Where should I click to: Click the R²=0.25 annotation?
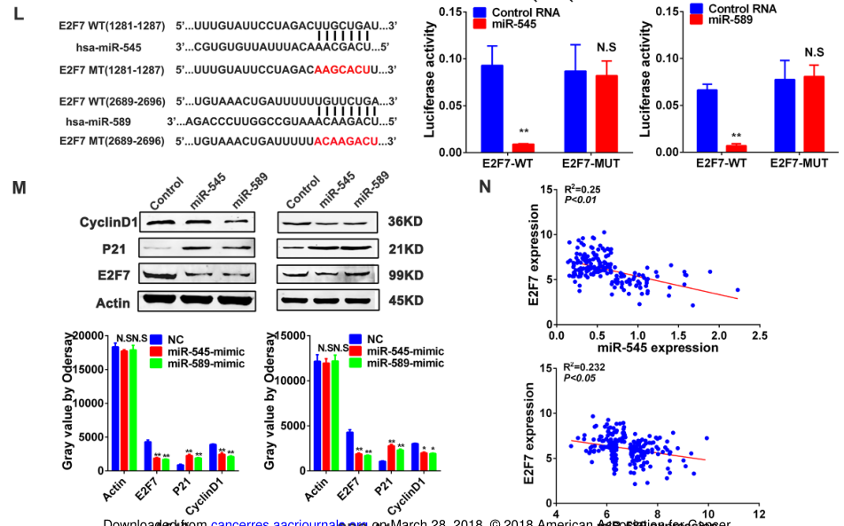(x=583, y=189)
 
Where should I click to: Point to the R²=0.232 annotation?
(x=586, y=367)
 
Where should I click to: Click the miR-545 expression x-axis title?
(x=657, y=349)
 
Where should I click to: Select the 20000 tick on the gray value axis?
(x=93, y=335)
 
